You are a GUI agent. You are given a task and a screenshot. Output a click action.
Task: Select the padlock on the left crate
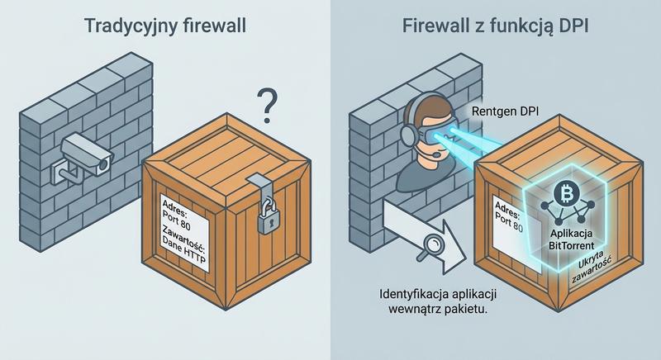point(264,220)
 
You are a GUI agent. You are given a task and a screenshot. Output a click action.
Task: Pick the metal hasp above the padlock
point(263,187)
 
